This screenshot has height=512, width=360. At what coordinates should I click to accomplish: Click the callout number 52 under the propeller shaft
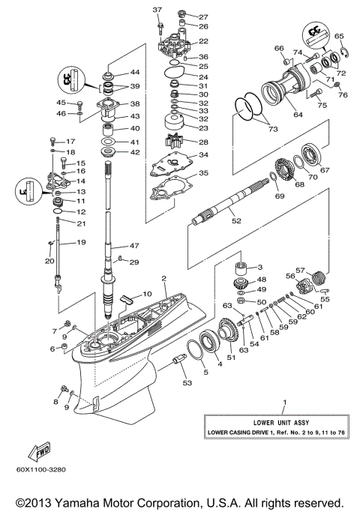[236, 221]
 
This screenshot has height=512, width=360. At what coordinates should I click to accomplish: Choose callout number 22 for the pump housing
[203, 41]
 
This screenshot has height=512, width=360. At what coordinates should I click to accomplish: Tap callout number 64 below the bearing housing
[277, 115]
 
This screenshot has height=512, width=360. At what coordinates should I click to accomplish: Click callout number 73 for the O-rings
[266, 130]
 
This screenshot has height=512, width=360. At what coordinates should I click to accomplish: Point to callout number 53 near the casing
[186, 383]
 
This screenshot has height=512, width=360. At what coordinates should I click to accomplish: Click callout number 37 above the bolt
[157, 9]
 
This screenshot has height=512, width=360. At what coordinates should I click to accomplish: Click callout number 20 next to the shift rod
[50, 261]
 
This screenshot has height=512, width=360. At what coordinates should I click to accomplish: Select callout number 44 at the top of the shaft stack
[136, 73]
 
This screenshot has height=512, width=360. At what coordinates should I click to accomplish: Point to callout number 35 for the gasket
[203, 173]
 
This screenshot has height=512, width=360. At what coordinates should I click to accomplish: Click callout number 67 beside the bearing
[325, 170]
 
